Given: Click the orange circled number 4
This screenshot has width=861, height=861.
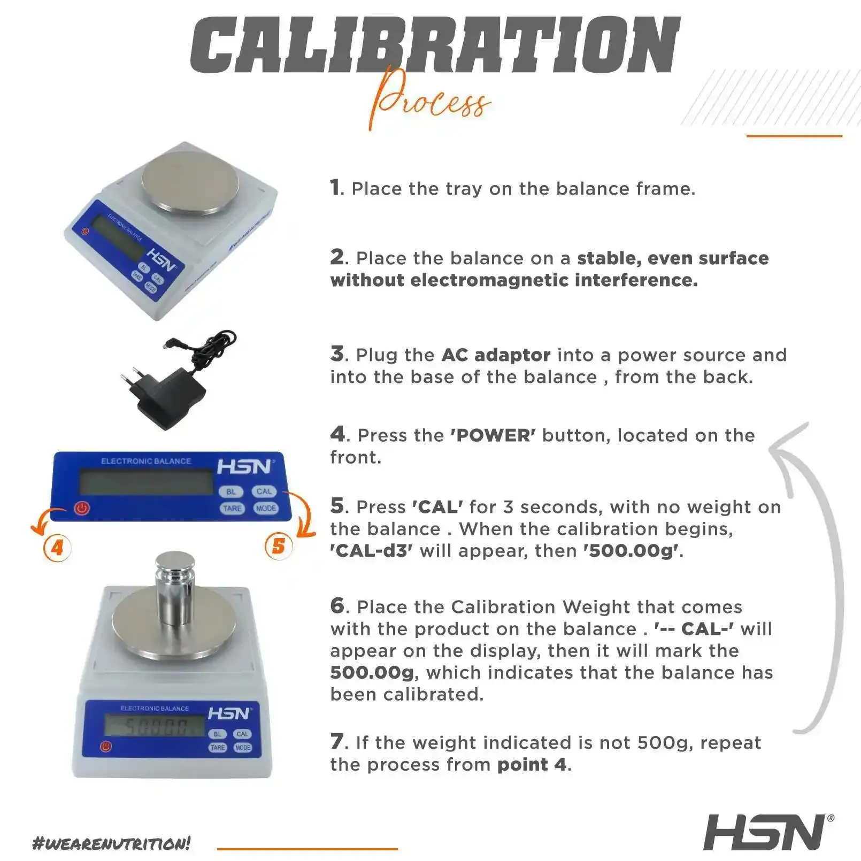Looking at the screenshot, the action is pos(57,547).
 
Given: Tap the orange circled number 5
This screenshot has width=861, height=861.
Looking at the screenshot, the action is pos(279,546).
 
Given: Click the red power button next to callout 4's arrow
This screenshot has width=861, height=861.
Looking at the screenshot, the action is pos(82,508).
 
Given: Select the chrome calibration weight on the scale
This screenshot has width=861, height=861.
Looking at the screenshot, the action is pos(174,588).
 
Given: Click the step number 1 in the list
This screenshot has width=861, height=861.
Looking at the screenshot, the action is pos(336,188).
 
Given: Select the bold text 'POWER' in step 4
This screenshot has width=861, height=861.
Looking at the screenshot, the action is pos(493,435).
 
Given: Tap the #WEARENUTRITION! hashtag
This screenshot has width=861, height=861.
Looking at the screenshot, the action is pos(112,843).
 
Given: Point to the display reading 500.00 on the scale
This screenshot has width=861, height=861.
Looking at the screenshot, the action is pos(155,726).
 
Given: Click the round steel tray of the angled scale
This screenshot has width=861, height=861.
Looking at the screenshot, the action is pos(190,182).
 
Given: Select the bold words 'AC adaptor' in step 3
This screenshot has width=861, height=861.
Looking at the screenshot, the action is pos(496,355).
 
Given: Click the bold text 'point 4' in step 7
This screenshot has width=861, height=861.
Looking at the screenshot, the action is pos(532,764).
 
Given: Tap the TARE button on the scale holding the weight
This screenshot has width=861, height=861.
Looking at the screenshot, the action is pos(218,748).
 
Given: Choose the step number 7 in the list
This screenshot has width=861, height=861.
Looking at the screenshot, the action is pos(337,742).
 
